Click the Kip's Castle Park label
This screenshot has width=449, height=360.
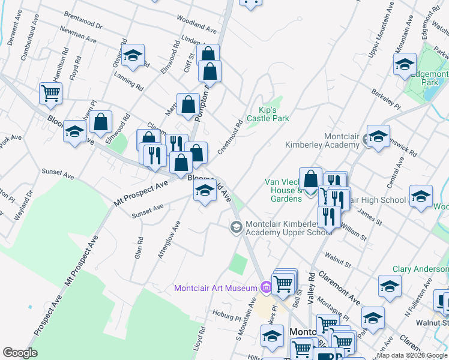pos(274,114)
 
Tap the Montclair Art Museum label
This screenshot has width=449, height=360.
pos(215,288)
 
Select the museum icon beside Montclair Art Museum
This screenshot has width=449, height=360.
pos(266,288)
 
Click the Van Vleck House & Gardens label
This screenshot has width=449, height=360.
pos(285,190)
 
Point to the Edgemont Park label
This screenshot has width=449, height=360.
pos(427,77)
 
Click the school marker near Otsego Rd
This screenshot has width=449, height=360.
pos(133,56)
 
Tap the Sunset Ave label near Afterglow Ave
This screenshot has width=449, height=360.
pos(148,209)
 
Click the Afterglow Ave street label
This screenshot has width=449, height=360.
pos(169,239)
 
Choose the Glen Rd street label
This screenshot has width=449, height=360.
pos(139,247)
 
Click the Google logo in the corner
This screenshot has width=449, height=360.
pos(20,353)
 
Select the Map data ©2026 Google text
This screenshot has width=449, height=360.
pos(412,355)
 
